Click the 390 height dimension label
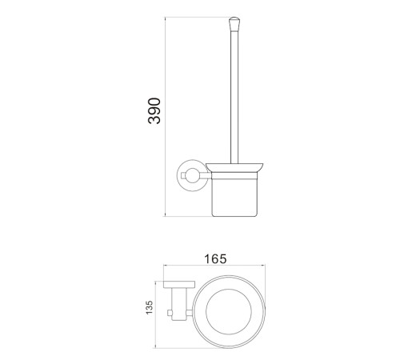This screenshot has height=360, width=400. [x=154, y=111]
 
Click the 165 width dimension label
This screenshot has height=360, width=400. [x=215, y=259]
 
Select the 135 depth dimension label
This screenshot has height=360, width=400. [x=150, y=307]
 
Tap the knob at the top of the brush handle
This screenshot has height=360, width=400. [x=234, y=23]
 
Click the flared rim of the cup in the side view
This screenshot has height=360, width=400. [x=234, y=167]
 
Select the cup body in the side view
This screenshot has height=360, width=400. [x=234, y=194]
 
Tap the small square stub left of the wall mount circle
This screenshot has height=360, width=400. [x=183, y=175]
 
